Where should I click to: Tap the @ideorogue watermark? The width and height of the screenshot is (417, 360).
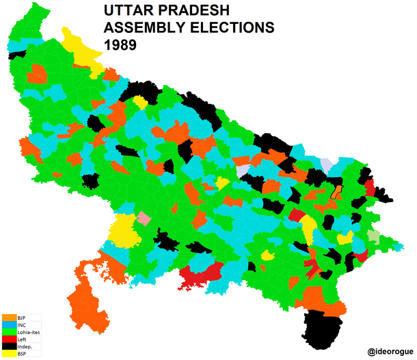click(x=389, y=350)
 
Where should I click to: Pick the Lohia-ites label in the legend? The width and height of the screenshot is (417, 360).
click(x=28, y=333)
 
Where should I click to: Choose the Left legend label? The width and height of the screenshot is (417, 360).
click(x=22, y=340)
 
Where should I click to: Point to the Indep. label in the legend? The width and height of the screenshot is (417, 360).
click(x=25, y=347)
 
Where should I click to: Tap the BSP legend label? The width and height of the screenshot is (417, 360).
click(x=22, y=355)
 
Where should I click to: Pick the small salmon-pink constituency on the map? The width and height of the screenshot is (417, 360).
click(x=144, y=218)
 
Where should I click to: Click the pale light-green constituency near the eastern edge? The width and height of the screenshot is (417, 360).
click(x=373, y=238)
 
